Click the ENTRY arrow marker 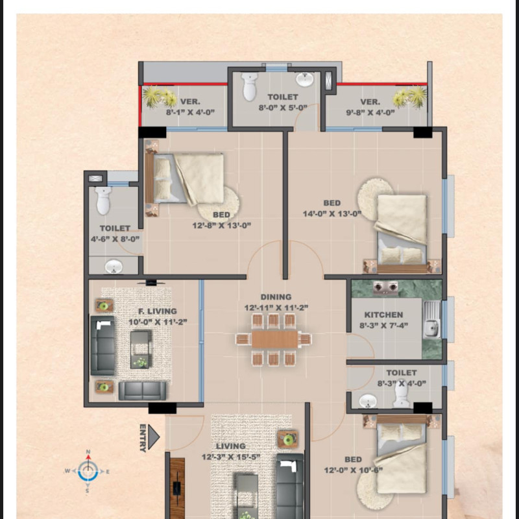pyautogui.click(x=153, y=437)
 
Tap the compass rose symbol pyautogui.click(x=88, y=472)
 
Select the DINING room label pyautogui.click(x=276, y=297)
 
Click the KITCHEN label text pyautogui.click(x=383, y=315)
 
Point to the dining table pyautogui.click(x=274, y=339)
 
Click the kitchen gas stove pyautogui.click(x=385, y=287)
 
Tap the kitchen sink pyautogui.click(x=431, y=319)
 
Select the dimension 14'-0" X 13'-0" pyautogui.click(x=332, y=214)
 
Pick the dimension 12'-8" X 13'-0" pyautogui.click(x=221, y=226)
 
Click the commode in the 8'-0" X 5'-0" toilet pyautogui.click(x=250, y=87)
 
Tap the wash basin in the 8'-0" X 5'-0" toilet pyautogui.click(x=304, y=80)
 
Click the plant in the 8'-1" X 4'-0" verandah pyautogui.click(x=160, y=96)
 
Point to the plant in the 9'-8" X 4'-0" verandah pyautogui.click(x=409, y=97)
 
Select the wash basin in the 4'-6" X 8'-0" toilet pyautogui.click(x=114, y=267)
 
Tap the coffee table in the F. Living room pyautogui.click(x=140, y=350)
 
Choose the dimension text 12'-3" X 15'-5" pyautogui.click(x=231, y=457)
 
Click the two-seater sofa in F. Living pyautogui.click(x=142, y=391)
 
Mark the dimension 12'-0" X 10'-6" pyautogui.click(x=353, y=470)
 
